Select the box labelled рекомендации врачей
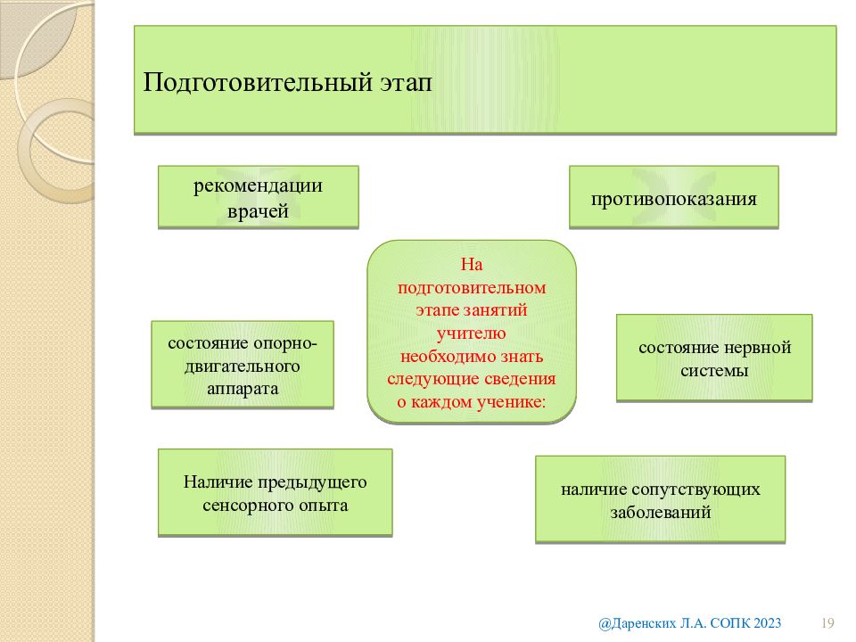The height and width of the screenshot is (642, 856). pyautogui.click(x=259, y=197)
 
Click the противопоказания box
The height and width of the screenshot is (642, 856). pyautogui.click(x=674, y=197)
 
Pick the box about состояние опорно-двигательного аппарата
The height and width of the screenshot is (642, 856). pyautogui.click(x=243, y=365)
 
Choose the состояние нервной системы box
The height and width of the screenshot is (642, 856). pyautogui.click(x=714, y=358)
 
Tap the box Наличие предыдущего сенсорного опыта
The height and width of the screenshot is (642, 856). pyautogui.click(x=276, y=493)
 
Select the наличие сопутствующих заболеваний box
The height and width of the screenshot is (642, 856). pyautogui.click(x=660, y=499)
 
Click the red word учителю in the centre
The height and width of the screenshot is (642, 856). pyautogui.click(x=471, y=333)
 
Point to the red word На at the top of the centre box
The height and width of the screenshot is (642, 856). pyautogui.click(x=472, y=265)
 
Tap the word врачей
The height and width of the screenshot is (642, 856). pyautogui.click(x=258, y=211)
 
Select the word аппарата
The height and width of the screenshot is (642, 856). pyautogui.click(x=243, y=390)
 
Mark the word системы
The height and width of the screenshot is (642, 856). pyautogui.click(x=714, y=371)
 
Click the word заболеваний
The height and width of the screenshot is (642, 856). pyautogui.click(x=661, y=513)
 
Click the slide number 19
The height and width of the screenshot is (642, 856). pyautogui.click(x=827, y=623)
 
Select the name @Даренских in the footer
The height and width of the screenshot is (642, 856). pyautogui.click(x=637, y=623)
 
